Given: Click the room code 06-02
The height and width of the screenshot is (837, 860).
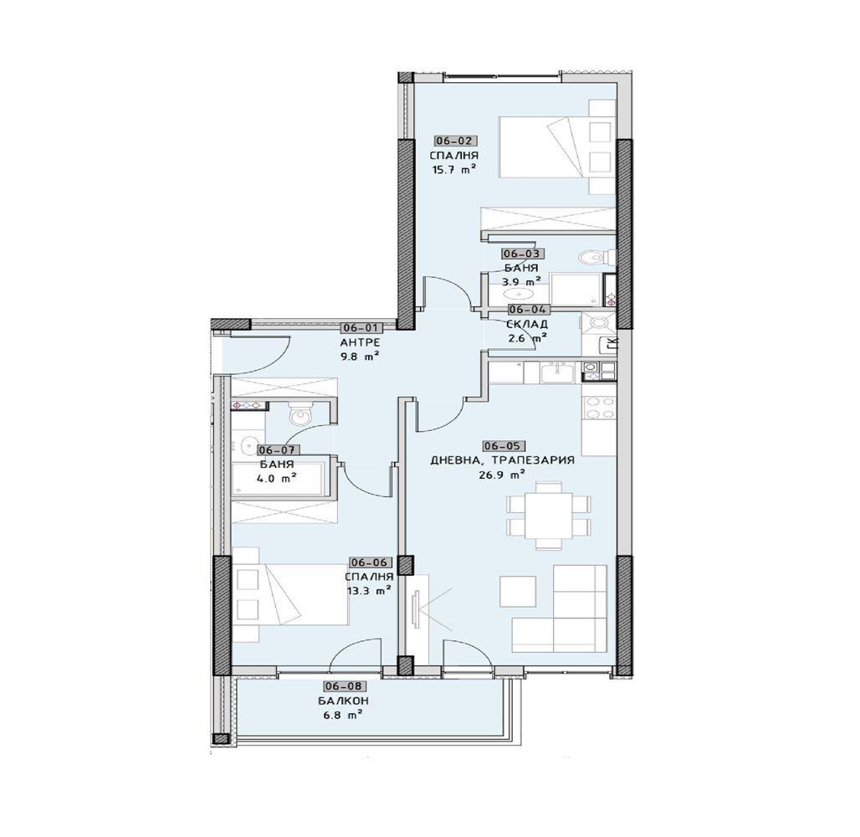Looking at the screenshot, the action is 453,141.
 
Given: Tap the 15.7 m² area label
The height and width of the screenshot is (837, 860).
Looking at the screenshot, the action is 454,170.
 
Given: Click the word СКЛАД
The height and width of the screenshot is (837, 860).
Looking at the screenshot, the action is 527,325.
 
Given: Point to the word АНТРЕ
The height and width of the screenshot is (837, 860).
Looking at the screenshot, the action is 360,342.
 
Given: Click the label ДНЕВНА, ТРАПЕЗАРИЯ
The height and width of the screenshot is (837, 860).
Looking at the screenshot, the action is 503,460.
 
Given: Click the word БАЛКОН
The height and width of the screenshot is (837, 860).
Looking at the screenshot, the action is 343,701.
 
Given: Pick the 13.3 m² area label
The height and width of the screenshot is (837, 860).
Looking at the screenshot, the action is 369,591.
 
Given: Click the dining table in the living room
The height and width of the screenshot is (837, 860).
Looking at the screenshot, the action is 549,516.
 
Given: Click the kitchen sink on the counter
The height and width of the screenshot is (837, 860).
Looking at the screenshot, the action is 557,373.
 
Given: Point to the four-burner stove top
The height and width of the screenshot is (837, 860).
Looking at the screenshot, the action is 600,408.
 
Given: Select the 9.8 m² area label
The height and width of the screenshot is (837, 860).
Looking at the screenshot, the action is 360,357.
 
